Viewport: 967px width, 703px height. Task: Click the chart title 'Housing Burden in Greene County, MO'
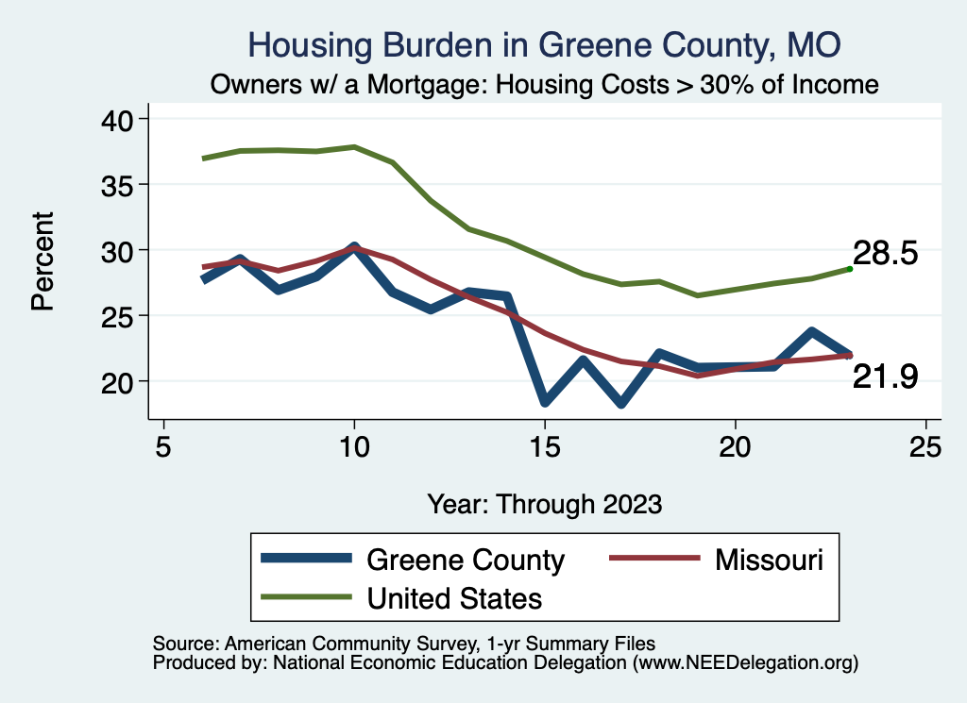(x=543, y=43)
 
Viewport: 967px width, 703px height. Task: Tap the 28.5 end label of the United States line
(x=886, y=254)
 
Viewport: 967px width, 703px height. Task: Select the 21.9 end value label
(x=886, y=377)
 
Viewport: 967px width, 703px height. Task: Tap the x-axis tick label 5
(x=163, y=446)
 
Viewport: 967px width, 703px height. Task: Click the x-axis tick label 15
(x=545, y=446)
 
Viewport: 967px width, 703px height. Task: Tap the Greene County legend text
(x=465, y=560)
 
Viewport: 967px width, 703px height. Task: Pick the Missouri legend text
(x=769, y=560)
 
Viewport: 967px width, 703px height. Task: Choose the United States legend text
(x=454, y=597)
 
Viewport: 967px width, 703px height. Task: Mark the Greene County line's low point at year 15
(x=545, y=402)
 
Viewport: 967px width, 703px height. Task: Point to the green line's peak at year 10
(x=354, y=147)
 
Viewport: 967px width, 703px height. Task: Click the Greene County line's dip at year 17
(x=621, y=403)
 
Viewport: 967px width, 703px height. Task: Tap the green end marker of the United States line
(x=850, y=269)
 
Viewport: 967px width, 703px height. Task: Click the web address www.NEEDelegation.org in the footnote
(x=745, y=662)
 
